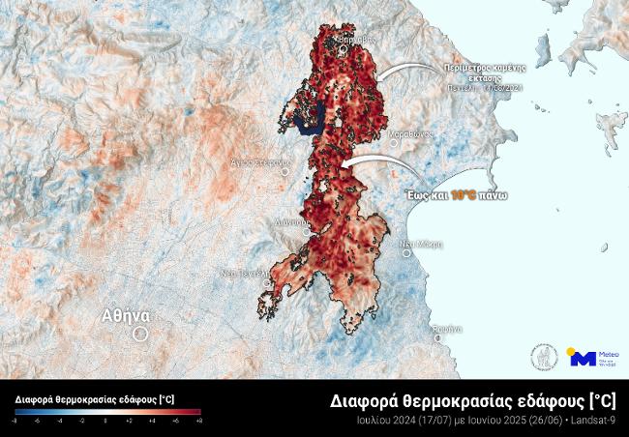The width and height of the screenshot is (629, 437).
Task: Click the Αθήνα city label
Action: (126, 315)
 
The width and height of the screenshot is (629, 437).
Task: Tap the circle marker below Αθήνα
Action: (139, 334)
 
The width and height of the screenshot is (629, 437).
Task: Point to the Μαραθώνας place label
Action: (409, 133)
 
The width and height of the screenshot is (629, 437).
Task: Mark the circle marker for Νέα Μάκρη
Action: (407, 253)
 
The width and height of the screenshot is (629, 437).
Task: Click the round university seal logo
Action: (543, 358)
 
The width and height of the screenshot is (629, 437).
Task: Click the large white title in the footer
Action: (474, 400)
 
